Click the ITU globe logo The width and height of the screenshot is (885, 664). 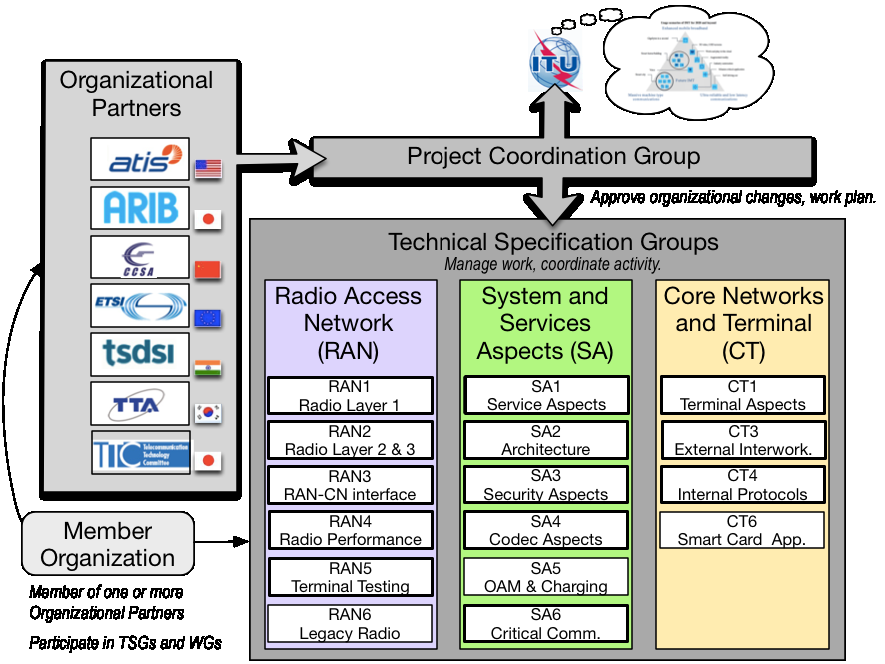click(555, 61)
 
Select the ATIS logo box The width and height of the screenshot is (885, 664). click(139, 159)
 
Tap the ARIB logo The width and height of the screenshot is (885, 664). click(139, 207)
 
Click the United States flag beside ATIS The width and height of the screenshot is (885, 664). click(208, 168)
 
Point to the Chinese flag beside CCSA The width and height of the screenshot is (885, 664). click(208, 269)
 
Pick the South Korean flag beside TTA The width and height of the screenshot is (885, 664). click(208, 413)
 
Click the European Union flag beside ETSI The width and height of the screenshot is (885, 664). click(208, 318)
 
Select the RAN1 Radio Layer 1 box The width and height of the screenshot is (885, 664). click(350, 395)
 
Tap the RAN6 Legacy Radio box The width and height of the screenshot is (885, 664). click(350, 623)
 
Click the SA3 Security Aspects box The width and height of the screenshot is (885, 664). click(546, 485)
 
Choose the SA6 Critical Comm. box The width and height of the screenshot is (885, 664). click(546, 623)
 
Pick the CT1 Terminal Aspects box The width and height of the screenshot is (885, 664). click(742, 395)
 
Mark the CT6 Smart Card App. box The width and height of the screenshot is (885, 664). click(742, 530)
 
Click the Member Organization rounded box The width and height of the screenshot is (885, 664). click(107, 544)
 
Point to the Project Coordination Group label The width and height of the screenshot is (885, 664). click(553, 156)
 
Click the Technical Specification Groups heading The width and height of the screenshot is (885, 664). click(552, 242)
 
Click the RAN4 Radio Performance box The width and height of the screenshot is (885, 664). click(350, 530)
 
